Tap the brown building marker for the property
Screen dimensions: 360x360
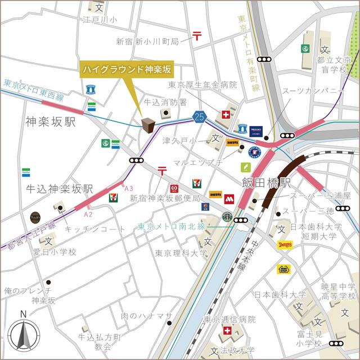148,125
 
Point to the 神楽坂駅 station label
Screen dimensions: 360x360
50,121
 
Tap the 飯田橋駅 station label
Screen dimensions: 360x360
266,183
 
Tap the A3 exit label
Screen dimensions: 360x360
129,188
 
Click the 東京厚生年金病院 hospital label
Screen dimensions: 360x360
203,85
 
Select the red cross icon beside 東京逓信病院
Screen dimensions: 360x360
227,331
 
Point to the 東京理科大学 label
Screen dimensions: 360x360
181,253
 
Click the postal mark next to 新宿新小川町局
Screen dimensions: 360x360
197,36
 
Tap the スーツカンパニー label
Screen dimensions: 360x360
308,90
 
